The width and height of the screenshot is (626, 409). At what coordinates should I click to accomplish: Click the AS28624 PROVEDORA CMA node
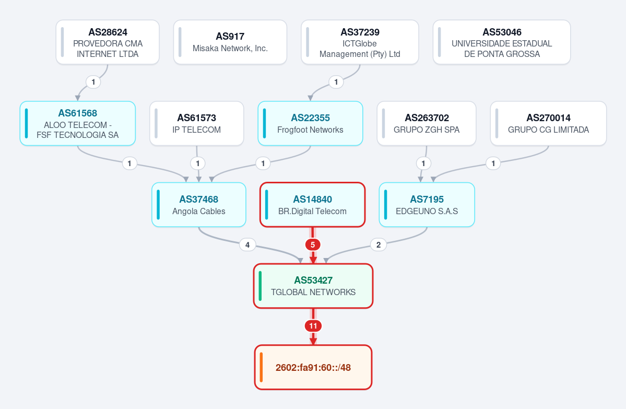pos(108,42)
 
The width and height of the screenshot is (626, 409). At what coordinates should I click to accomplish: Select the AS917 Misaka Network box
pos(230,42)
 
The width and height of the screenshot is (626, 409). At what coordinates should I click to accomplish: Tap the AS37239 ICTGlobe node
pos(360,42)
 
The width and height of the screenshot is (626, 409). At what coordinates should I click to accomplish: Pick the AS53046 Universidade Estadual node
pos(502,42)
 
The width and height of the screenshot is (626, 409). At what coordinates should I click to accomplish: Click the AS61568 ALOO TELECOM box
pos(78,123)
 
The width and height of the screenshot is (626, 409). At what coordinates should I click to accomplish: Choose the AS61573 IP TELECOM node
pos(196,123)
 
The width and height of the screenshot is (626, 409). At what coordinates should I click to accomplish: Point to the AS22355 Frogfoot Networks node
pos(310,123)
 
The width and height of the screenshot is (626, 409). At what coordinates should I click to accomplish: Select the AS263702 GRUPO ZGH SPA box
pos(427,123)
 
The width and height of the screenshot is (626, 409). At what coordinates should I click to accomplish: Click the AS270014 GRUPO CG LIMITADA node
pos(548,123)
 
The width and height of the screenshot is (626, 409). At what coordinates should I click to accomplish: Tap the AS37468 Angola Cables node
pos(199,205)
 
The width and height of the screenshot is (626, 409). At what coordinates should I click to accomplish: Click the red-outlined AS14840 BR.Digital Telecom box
pos(313,205)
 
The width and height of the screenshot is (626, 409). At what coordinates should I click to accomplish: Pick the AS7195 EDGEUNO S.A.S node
pos(427,205)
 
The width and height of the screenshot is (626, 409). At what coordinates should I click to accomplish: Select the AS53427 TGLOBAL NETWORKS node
pos(313,286)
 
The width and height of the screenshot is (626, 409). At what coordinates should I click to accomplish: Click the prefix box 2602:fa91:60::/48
pos(313,367)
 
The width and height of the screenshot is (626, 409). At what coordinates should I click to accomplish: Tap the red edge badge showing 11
pos(313,326)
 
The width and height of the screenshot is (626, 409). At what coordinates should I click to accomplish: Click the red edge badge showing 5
pos(313,245)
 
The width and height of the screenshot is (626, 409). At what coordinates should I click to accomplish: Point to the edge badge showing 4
pos(247,245)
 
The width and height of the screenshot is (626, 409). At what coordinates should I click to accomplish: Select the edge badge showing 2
pos(379,245)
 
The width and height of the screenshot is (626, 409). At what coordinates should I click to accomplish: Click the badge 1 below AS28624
pos(93,83)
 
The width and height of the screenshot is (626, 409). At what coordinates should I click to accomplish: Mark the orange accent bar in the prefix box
pos(261,367)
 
